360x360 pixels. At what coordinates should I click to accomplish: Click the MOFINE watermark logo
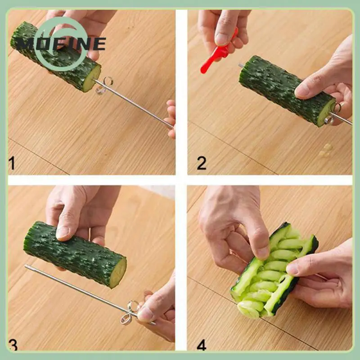pos(58,44)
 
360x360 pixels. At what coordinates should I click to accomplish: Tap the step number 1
pos(12,162)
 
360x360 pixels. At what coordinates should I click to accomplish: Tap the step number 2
pos(202,162)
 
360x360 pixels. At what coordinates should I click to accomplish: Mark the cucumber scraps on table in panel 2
pos(325,151)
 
